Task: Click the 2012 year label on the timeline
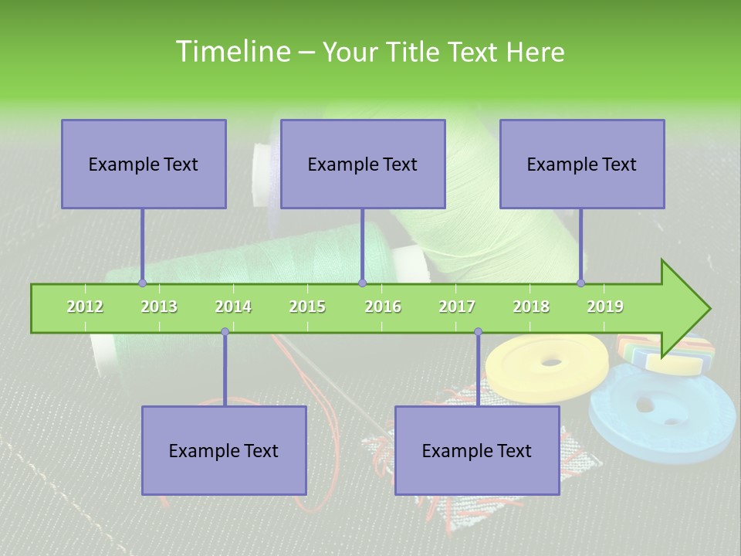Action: point(85,307)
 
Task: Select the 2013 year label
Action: point(159,307)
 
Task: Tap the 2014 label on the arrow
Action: point(233,307)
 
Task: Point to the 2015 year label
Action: point(307,307)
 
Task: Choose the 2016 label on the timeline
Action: point(382,307)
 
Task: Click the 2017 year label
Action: point(457,307)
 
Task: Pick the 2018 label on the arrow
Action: point(531,307)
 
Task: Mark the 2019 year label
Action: point(605,307)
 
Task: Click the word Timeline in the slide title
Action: point(231,52)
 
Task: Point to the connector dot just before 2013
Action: point(142,283)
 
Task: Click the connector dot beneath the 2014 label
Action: point(225,332)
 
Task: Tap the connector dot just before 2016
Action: point(362,283)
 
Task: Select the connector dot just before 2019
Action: point(581,283)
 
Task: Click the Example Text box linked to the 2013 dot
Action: point(144,164)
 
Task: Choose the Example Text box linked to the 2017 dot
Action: point(477,450)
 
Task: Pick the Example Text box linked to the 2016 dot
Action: point(363,164)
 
